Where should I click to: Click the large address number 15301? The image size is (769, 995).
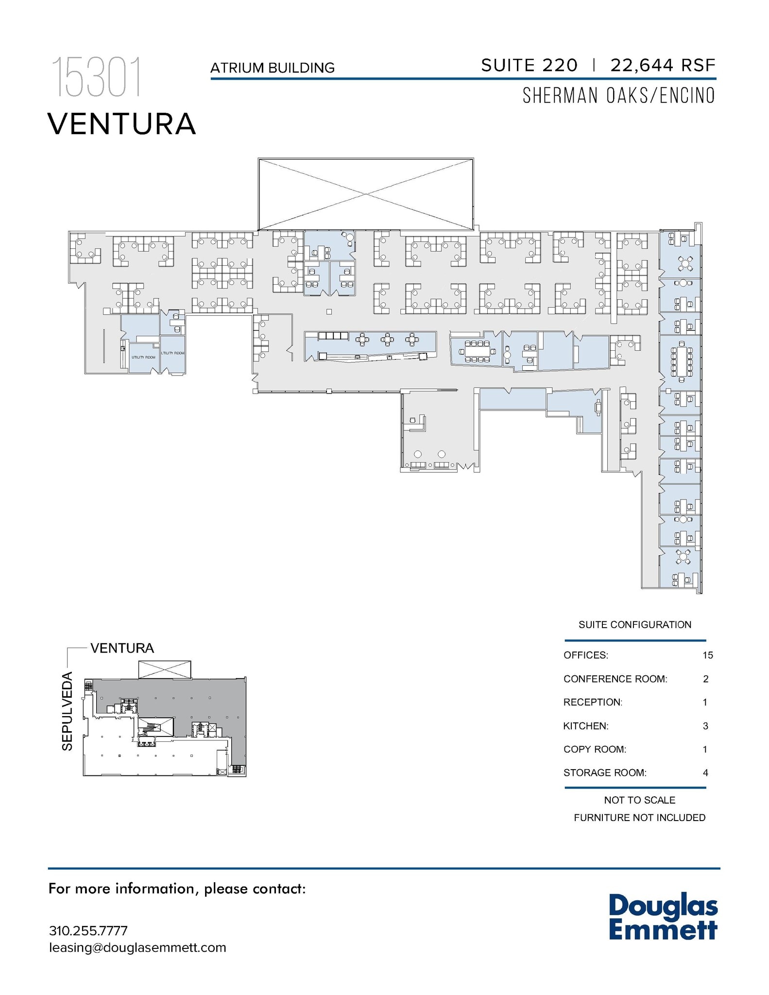tap(96, 78)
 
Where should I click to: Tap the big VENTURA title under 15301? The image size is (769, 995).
tap(121, 124)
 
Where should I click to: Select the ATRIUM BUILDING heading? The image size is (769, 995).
tap(272, 68)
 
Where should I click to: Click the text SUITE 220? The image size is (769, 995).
tap(529, 65)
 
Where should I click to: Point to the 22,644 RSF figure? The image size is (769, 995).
tap(663, 65)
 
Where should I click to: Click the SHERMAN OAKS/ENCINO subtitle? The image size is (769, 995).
tap(618, 96)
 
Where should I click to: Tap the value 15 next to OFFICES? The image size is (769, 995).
tap(707, 655)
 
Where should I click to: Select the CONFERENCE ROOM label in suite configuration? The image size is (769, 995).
tap(615, 679)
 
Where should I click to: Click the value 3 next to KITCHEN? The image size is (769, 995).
tap(705, 726)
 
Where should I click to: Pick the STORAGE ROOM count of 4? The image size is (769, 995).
tap(705, 772)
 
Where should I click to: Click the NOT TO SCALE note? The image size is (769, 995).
tap(639, 800)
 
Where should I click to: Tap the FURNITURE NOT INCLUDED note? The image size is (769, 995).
tap(639, 818)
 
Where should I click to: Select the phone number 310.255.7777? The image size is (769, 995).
tap(88, 931)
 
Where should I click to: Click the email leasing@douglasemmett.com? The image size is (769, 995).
tap(137, 948)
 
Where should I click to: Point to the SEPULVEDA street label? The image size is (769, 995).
tap(67, 711)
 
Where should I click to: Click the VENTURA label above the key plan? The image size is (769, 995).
tap(122, 648)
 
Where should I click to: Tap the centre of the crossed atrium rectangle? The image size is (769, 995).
tap(365, 194)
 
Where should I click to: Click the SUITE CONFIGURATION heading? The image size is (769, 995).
tap(634, 625)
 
